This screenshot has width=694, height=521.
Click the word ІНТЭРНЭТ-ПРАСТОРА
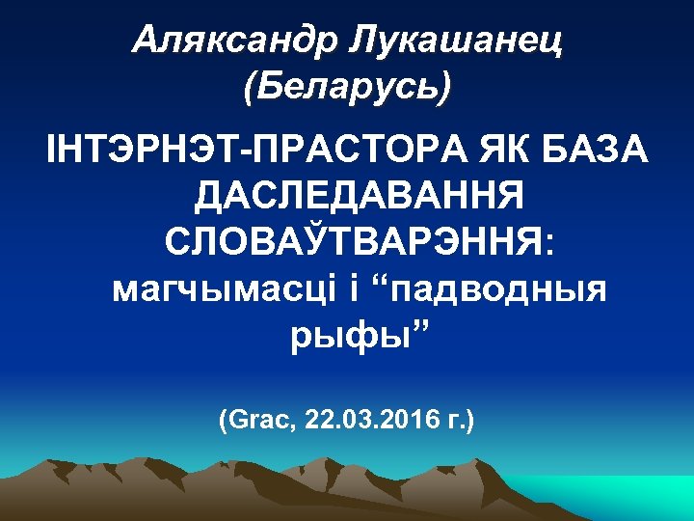[232, 152]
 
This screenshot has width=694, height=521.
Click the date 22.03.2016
[370, 421]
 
